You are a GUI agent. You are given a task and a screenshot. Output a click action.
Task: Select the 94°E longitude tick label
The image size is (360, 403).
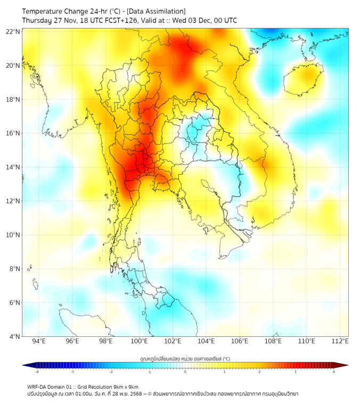[x=39, y=341]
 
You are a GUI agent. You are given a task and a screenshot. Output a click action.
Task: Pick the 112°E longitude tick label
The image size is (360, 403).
[x=340, y=341]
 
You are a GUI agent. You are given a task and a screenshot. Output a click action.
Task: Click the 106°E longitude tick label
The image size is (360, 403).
[x=240, y=341]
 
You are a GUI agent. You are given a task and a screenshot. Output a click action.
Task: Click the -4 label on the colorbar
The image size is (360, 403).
[x=36, y=372]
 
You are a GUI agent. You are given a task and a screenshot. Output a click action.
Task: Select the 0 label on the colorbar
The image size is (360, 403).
[x=185, y=372]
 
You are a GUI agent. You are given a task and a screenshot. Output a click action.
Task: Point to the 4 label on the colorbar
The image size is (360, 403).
[x=333, y=372]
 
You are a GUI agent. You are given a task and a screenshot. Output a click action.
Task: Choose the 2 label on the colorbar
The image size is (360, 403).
[x=259, y=372]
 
